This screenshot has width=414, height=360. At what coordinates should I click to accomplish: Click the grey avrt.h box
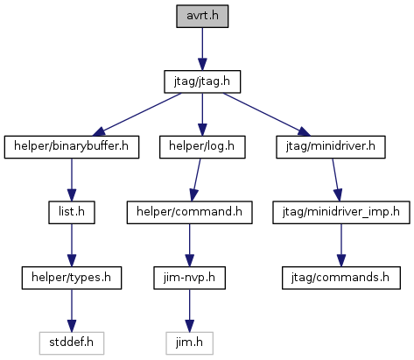pyautogui.click(x=202, y=17)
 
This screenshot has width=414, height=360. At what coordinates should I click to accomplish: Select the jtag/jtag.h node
pyautogui.click(x=202, y=81)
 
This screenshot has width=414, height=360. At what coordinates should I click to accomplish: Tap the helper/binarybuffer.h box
pyautogui.click(x=72, y=147)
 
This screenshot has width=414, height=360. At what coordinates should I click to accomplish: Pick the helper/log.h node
pyautogui.click(x=202, y=147)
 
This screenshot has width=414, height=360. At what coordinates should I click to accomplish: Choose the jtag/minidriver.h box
pyautogui.click(x=331, y=147)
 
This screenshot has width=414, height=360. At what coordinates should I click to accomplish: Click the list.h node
pyautogui.click(x=72, y=213)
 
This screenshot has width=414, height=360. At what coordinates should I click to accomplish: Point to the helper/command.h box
pyautogui.click(x=189, y=213)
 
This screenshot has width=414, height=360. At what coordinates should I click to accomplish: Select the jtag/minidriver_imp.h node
pyautogui.click(x=341, y=213)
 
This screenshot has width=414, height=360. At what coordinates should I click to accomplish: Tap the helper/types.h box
pyautogui.click(x=72, y=278)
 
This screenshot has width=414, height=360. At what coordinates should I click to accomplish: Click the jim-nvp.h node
pyautogui.click(x=189, y=278)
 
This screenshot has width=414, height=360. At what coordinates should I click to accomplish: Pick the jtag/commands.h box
pyautogui.click(x=341, y=278)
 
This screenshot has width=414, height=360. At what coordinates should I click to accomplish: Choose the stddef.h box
pyautogui.click(x=72, y=343)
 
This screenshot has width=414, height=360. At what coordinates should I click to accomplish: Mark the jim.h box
pyautogui.click(x=189, y=343)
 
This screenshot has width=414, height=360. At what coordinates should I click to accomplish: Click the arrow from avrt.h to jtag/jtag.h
pyautogui.click(x=202, y=49)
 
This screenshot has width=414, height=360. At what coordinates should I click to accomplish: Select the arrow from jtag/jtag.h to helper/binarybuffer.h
pyautogui.click(x=137, y=115)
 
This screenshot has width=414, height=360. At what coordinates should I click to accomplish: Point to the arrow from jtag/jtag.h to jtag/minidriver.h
pyautogui.click(x=267, y=115)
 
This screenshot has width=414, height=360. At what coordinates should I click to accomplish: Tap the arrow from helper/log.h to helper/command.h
pyautogui.click(x=196, y=180)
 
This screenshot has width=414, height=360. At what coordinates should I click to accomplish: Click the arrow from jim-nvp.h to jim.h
pyautogui.click(x=189, y=311)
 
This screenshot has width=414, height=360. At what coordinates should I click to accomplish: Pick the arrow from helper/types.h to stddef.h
pyautogui.click(x=72, y=311)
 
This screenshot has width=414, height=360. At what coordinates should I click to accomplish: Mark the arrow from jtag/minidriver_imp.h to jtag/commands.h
pyautogui.click(x=341, y=245)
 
